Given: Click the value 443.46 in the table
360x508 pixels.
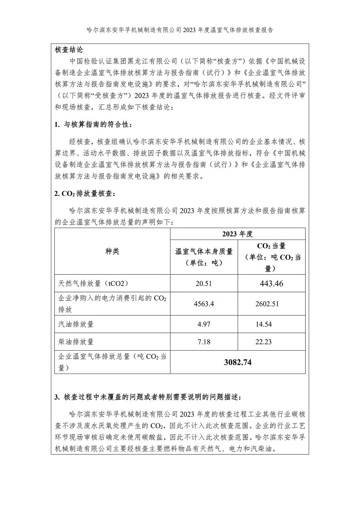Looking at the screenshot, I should (x=271, y=283).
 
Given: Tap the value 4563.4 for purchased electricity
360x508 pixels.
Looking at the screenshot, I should (x=203, y=303).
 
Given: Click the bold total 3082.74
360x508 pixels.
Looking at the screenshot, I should (x=238, y=362).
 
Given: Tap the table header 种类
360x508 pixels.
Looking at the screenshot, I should (x=112, y=251).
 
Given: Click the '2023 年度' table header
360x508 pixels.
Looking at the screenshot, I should (x=238, y=234).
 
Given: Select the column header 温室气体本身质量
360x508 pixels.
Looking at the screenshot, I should (x=204, y=251).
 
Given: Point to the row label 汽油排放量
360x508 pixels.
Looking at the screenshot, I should (x=76, y=324).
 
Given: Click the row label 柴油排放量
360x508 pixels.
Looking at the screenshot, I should (x=76, y=342).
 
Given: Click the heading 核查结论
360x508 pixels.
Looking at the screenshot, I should (x=68, y=49).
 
